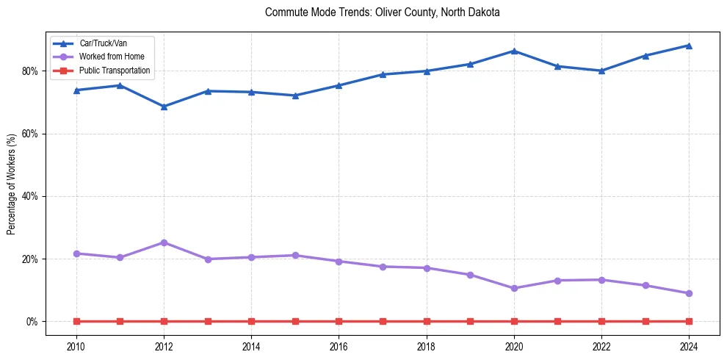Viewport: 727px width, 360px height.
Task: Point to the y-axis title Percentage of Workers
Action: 12,184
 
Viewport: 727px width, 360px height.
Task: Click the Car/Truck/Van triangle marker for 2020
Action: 514,51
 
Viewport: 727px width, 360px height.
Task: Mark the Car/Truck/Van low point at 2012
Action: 164,107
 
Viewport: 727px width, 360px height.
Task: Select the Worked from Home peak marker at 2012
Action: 164,242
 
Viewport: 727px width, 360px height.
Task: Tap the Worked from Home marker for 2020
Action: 514,288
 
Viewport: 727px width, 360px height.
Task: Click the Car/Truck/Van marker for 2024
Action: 689,46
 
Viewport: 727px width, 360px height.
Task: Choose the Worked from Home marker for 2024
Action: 689,293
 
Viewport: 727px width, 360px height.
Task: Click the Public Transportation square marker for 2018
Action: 427,321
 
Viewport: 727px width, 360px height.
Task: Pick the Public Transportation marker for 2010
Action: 76,321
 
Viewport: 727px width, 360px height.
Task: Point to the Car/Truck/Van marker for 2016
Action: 339,85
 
